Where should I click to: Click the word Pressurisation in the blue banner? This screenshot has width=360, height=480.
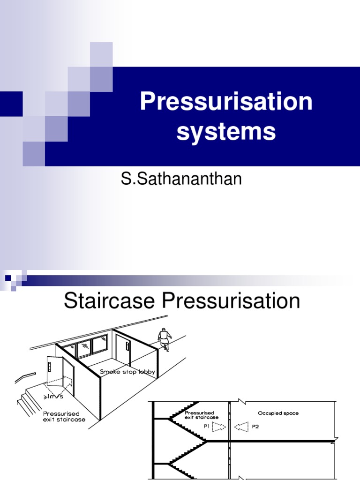pos(226,101)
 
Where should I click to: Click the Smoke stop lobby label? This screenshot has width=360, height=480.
pos(127,372)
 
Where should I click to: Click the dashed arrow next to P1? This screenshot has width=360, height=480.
pos(218,427)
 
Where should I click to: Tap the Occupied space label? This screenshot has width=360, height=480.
pos(278,413)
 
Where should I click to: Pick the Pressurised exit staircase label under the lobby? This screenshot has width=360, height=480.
pos(64,417)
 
